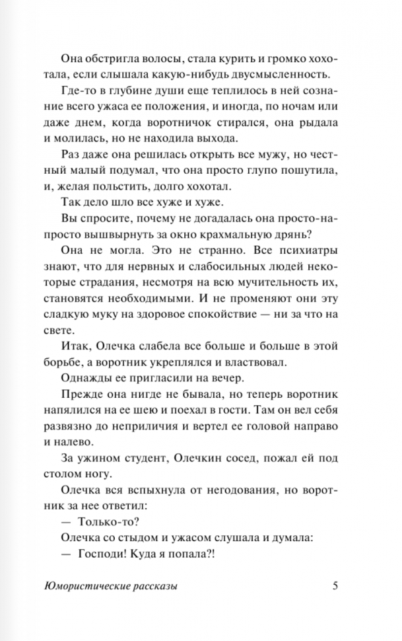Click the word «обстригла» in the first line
click(114, 57)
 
